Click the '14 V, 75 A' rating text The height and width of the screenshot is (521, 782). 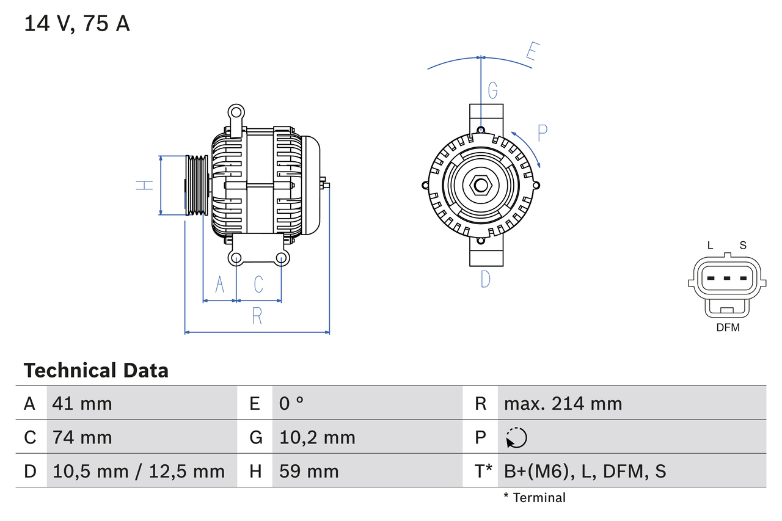pos(77,24)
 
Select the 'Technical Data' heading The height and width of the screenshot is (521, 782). pos(96,370)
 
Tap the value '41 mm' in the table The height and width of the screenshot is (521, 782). pos(82,403)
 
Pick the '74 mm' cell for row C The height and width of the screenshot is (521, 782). pos(82,437)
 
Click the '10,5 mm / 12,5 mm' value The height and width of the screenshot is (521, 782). pos(139,471)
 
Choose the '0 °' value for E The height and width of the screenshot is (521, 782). pos(291,403)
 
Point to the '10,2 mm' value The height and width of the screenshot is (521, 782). pos(317,437)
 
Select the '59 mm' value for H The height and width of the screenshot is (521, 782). pos(309,471)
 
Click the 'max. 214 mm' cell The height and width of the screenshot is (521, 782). pos(563,403)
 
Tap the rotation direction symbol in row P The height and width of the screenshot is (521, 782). pos(516,438)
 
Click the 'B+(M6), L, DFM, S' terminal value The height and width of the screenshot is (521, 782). pos(585,471)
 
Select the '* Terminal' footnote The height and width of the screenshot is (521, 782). pos(535,498)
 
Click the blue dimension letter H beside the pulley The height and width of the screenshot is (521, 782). pos(144,185)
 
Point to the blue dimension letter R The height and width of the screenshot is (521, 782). pos(257,316)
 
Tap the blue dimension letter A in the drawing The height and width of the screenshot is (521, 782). pos(220,284)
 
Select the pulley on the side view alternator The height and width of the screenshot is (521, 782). pos(196,185)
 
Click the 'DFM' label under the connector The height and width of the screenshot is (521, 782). pos(728,327)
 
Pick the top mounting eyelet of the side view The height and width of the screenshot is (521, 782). pos(236,112)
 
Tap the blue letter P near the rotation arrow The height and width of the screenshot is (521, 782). pos(542,133)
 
